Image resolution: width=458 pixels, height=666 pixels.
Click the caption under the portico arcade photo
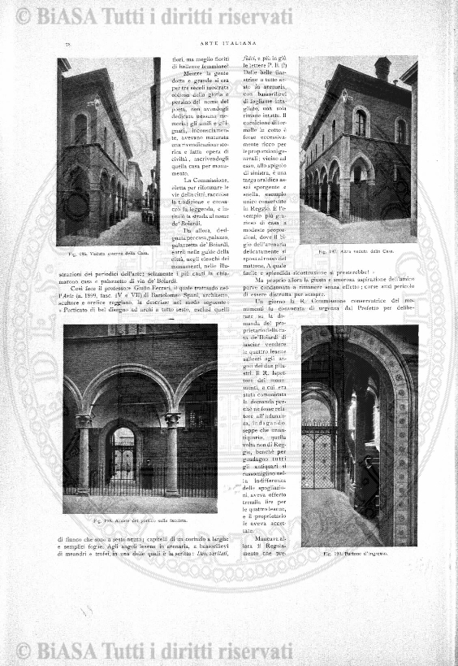click(x=140, y=520)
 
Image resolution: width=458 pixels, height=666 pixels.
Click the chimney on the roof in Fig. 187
click(x=382, y=68)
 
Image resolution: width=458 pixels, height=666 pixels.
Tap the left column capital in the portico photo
click(x=83, y=420)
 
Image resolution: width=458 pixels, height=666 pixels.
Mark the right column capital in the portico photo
click(x=172, y=420)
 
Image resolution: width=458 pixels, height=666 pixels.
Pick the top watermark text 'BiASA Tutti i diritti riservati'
click(x=154, y=15)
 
